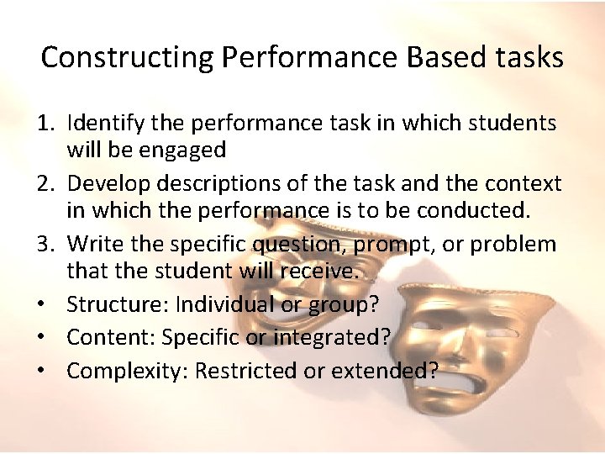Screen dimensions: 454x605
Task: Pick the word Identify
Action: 103,124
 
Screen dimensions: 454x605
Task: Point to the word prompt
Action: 389,245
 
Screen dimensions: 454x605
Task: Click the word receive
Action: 323,272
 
